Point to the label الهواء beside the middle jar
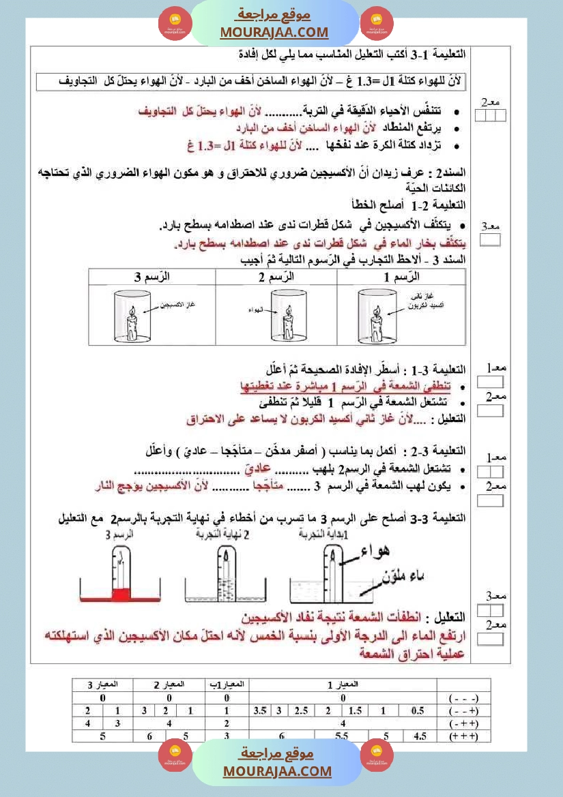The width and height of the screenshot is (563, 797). coord(255,310)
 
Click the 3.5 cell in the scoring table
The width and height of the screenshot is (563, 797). coord(260,710)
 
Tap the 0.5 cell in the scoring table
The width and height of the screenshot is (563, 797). coord(418,710)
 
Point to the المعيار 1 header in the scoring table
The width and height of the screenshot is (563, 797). coord(343,684)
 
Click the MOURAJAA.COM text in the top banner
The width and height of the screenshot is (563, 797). coord(274,32)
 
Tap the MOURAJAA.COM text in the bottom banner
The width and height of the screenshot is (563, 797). coord(277,771)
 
